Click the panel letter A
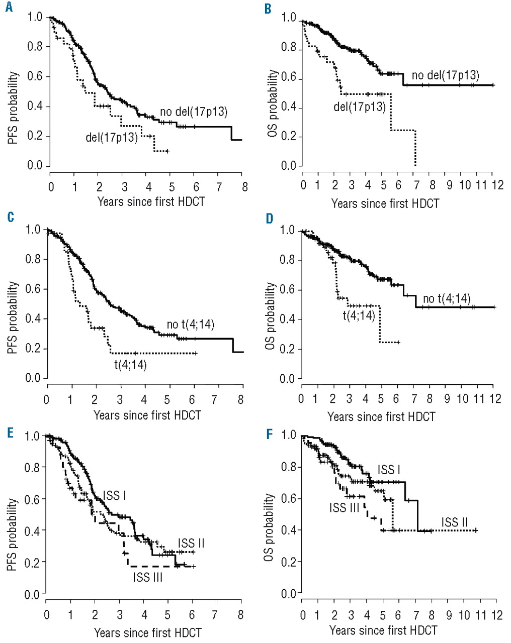pyautogui.click(x=9, y=9)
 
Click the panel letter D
pyautogui.click(x=270, y=219)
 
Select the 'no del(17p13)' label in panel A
pyautogui.click(x=194, y=112)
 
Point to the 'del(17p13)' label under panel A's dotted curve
pyautogui.click(x=112, y=137)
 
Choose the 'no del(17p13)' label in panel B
pyautogui.click(x=445, y=76)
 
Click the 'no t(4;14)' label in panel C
pyautogui.click(x=191, y=325)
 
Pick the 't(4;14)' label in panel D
pyautogui.click(x=359, y=315)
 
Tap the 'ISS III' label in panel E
pyautogui.click(x=148, y=577)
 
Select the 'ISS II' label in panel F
pyautogui.click(x=455, y=522)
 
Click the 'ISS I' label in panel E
pyautogui.click(x=115, y=496)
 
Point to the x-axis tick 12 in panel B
pyautogui.click(x=497, y=185)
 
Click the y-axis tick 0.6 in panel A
pyautogui.click(x=35, y=76)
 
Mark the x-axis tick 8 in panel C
pyautogui.click(x=241, y=400)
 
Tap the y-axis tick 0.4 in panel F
pyautogui.click(x=289, y=530)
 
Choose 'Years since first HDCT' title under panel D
pyautogui.click(x=381, y=417)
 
